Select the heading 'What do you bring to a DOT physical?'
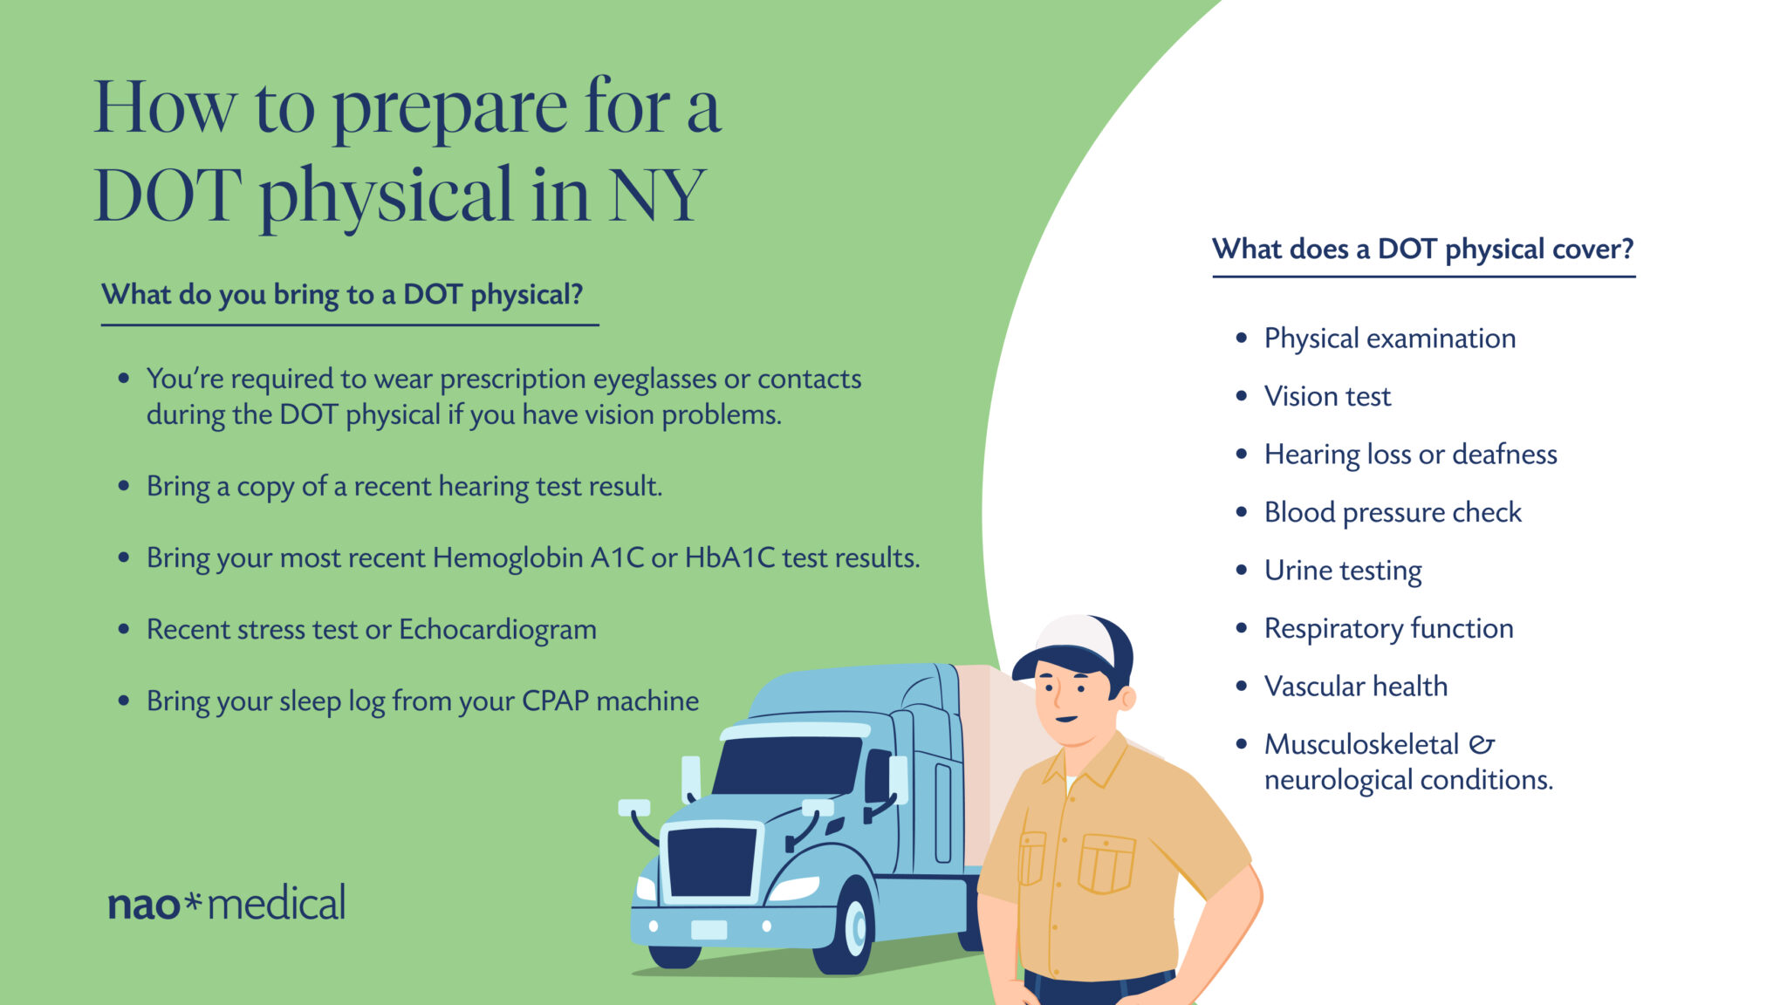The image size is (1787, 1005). [x=342, y=295]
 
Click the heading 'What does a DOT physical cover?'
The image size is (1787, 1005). [x=1422, y=250]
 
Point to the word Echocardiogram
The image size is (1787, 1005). [x=497, y=630]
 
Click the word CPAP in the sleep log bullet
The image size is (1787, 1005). [x=556, y=701]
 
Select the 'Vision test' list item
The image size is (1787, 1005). [x=1327, y=396]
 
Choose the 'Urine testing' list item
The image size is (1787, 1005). [x=1343, y=571]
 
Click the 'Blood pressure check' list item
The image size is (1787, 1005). [x=1393, y=512]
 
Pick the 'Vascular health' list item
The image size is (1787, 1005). [x=1356, y=687]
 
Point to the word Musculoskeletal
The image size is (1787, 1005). [x=1361, y=744]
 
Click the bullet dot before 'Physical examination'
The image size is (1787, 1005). [x=1242, y=338]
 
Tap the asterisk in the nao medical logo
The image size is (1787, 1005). [x=194, y=900]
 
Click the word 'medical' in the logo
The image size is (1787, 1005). [x=277, y=902]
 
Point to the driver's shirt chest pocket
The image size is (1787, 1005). [x=1106, y=864]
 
